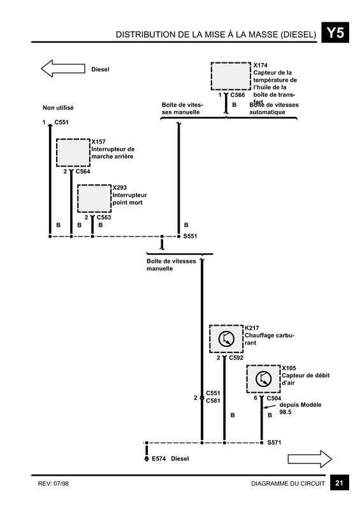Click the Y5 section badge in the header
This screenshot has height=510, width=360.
(335, 33)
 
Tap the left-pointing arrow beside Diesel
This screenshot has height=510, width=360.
(63, 68)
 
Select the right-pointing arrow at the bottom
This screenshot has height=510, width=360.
(310, 459)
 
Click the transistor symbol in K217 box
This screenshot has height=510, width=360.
(226, 339)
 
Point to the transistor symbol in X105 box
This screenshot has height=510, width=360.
(263, 379)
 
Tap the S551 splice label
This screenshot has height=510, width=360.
(190, 236)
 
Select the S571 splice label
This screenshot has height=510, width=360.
(274, 442)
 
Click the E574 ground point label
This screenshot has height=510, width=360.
(159, 458)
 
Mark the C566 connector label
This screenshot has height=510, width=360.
(238, 95)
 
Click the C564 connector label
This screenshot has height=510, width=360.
(83, 171)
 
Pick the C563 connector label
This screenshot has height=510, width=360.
(104, 217)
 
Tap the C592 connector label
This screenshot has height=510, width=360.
(236, 358)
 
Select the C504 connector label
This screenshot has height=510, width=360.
(274, 398)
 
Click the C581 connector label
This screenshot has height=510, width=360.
(213, 401)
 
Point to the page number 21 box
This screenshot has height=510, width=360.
(340, 483)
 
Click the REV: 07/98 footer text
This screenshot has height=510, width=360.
(54, 484)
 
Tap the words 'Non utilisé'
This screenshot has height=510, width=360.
(58, 108)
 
